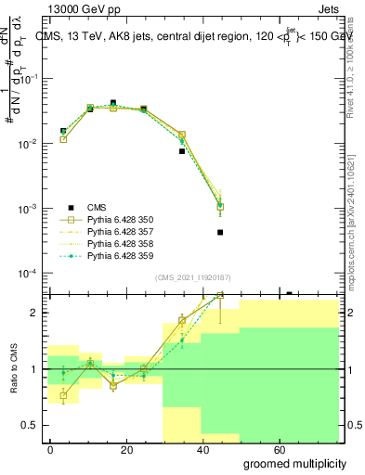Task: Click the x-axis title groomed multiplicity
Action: click(x=296, y=463)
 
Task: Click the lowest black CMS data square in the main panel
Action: click(x=220, y=232)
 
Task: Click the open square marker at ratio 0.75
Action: click(x=63, y=396)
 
